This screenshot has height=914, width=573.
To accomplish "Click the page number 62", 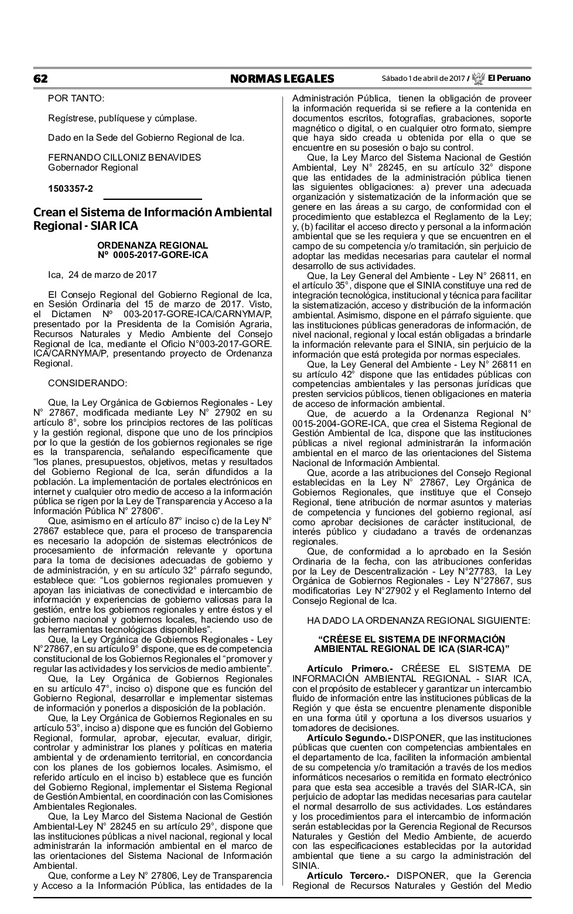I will pos(40,79).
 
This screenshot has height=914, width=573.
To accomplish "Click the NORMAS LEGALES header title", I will pos(282,79).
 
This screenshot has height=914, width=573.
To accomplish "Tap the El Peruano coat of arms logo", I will pos(478,78).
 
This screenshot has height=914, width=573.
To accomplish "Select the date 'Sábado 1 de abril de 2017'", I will pos(422,79).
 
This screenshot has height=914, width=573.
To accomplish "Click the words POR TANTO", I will pos(76,98).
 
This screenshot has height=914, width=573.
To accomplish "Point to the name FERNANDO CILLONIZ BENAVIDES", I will pos(124,157).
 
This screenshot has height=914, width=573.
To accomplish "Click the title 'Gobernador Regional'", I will pos(93,167).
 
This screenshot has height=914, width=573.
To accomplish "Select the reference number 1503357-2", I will pos(70,188).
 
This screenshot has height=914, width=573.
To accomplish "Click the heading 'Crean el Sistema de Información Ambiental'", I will pos(152,212).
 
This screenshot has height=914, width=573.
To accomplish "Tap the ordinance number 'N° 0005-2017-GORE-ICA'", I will pos(152,255).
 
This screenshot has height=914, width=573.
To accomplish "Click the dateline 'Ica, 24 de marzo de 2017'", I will pos(102,274).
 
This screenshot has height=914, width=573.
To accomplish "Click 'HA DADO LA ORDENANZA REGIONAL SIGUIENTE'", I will pos(418,620).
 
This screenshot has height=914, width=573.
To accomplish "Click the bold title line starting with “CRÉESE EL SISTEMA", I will pos(411,638).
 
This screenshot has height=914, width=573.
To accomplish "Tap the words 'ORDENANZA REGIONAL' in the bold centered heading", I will pos(152,245).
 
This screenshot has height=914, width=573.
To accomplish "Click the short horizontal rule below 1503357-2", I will pos(152,200).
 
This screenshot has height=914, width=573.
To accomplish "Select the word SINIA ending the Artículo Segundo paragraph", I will pos(306,865).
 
